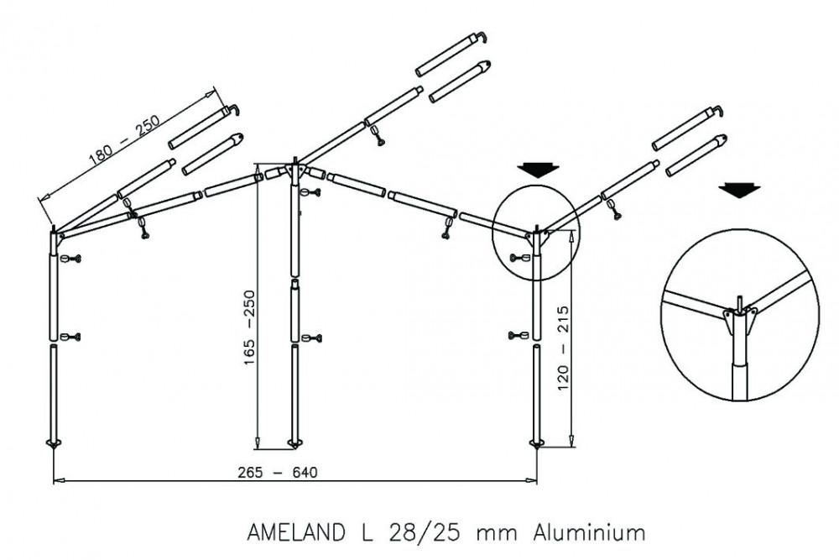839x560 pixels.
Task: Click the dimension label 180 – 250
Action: point(126,139)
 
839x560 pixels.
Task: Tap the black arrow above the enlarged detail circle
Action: point(739,190)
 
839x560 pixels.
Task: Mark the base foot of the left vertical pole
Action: point(55,442)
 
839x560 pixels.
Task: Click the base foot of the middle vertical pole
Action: point(294,442)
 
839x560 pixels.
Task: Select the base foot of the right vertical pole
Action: point(537,442)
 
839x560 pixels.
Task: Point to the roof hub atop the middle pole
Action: point(294,170)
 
